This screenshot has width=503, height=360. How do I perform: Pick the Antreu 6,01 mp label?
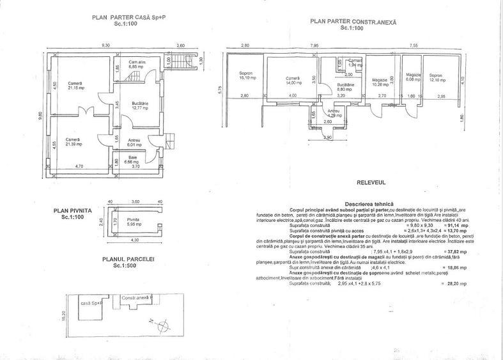tap(134, 143)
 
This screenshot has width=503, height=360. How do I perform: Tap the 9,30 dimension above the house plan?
tap(105, 45)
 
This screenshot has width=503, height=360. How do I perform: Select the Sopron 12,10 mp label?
tap(436, 76)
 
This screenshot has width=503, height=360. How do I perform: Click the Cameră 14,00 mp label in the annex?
tap(293, 82)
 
